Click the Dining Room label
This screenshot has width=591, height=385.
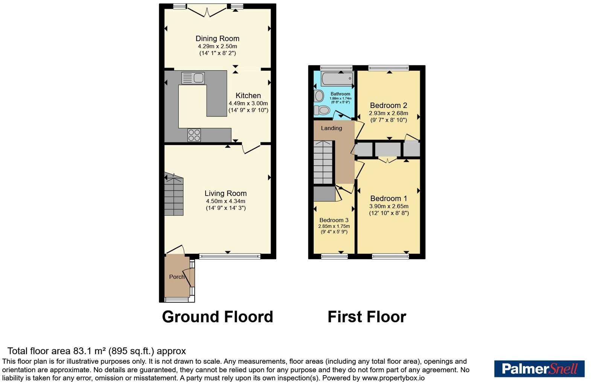tap(218, 38)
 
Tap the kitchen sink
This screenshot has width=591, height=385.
tap(193, 78)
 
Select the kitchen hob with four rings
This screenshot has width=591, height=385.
tap(194, 135)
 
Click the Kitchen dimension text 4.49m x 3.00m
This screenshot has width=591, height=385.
tap(248, 103)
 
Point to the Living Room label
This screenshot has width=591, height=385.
tap(225, 193)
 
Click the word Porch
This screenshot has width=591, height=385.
tap(177, 277)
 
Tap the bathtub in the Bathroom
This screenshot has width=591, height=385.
tap(337, 79)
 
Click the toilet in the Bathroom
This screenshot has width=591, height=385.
tap(321, 110)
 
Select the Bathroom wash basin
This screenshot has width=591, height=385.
tap(319, 96)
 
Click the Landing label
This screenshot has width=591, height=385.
tap(331, 128)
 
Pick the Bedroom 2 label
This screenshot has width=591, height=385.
tap(388, 105)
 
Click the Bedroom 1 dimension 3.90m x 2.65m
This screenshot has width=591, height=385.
tap(388, 206)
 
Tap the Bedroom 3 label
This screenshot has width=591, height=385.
tap(334, 220)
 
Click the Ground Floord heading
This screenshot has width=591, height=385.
tap(218, 317)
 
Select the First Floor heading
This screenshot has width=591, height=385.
tap(367, 317)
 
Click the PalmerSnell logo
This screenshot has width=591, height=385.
tap(539, 369)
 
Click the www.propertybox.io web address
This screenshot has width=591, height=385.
tap(393, 378)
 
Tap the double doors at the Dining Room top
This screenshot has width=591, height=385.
tap(207, 11)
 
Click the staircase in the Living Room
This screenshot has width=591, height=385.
tap(174, 194)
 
